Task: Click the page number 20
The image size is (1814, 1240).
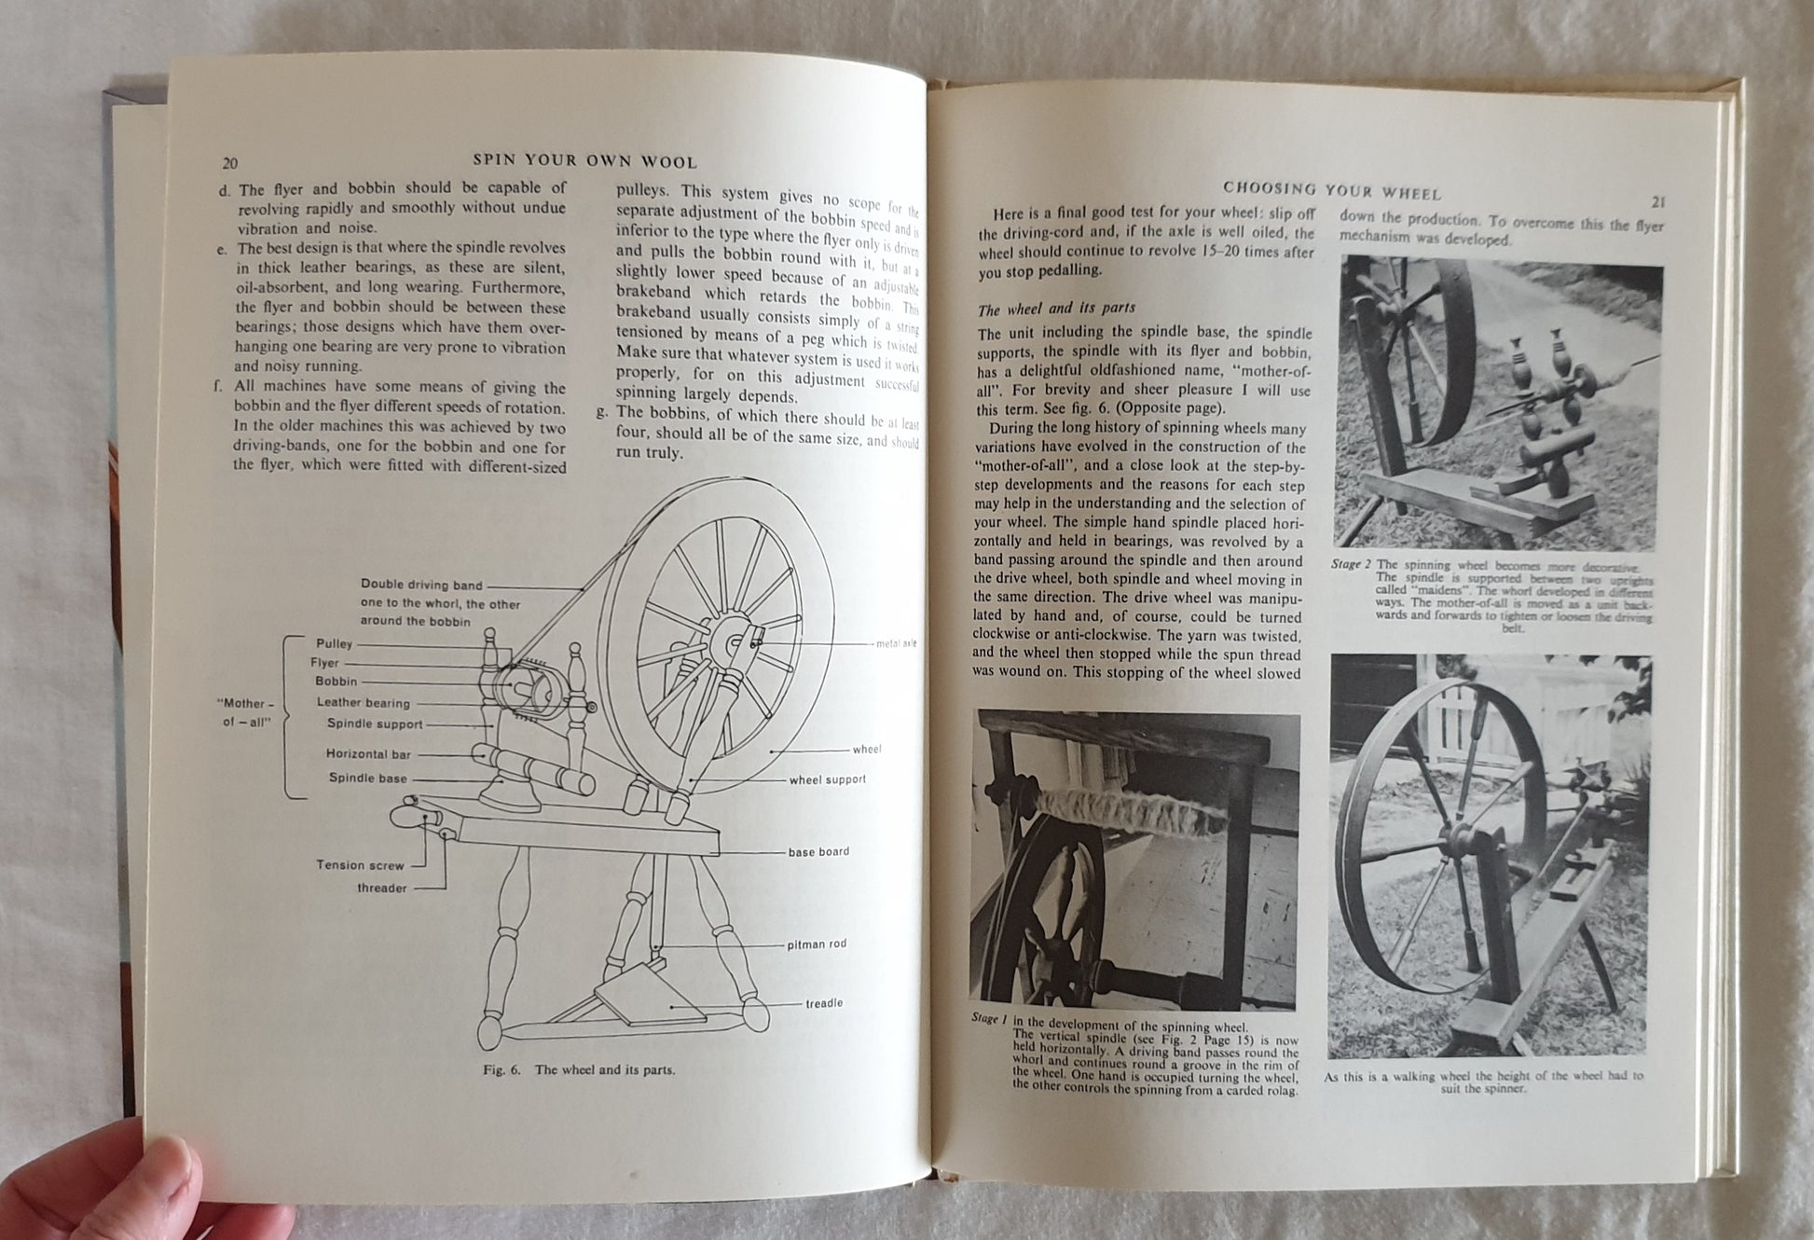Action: coord(229,163)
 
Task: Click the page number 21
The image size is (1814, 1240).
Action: coord(1658,201)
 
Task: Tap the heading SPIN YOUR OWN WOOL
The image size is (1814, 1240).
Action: coord(584,160)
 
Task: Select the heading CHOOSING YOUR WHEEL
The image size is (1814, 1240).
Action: coord(1332,192)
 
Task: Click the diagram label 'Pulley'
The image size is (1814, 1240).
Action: coord(334,643)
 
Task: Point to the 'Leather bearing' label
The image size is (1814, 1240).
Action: coord(363,703)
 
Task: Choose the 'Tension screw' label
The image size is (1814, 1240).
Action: coord(360,865)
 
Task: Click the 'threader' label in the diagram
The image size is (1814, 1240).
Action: coord(382,888)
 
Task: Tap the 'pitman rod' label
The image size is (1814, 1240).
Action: coord(817,944)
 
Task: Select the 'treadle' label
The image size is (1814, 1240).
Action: coord(824,1003)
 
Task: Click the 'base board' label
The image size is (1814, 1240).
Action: coord(818,851)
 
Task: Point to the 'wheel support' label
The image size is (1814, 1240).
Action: coord(827,779)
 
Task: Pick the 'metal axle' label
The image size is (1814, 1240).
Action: coord(896,643)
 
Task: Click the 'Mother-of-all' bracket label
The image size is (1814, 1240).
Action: coord(245,713)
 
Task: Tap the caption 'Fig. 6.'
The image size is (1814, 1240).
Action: coord(502,1070)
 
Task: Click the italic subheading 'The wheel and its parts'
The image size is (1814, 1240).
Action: coord(1056,309)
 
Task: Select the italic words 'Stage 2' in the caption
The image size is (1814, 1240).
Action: coord(1351,564)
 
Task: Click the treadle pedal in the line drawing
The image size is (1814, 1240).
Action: coord(643,998)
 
